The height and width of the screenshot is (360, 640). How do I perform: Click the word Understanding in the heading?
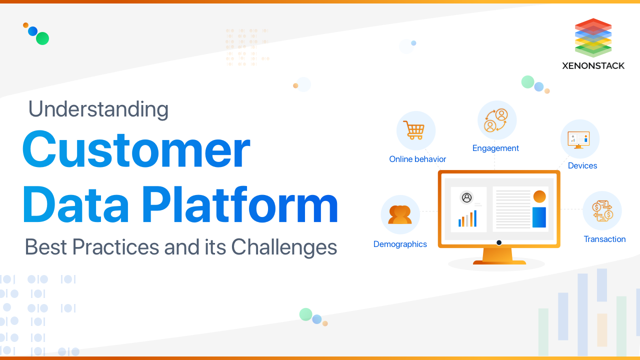click(x=98, y=109)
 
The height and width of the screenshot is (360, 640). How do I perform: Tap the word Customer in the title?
click(x=136, y=149)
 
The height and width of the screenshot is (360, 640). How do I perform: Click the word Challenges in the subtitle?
click(x=284, y=247)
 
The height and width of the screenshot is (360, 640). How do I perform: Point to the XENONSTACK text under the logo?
click(x=593, y=65)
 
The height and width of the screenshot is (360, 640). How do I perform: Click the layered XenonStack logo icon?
click(x=593, y=37)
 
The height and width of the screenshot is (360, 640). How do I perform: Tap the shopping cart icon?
click(x=415, y=130)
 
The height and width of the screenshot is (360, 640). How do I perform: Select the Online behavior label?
click(x=417, y=159)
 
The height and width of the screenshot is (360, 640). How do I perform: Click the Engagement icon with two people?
click(x=496, y=120)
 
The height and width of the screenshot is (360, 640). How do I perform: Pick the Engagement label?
click(x=495, y=148)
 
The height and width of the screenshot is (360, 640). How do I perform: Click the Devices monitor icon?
click(x=579, y=139)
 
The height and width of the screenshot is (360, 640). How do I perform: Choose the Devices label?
click(x=582, y=165)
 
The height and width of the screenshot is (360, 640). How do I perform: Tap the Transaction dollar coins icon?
click(x=602, y=210)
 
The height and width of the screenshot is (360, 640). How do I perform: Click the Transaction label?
click(x=604, y=239)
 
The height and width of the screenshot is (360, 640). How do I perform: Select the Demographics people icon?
click(x=400, y=214)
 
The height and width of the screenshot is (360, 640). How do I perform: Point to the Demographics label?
click(x=400, y=244)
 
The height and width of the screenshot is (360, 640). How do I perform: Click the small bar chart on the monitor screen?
click(x=467, y=218)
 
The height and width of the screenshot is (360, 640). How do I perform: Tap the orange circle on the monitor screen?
click(x=539, y=196)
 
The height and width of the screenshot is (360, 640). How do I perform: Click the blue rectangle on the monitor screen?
click(x=539, y=217)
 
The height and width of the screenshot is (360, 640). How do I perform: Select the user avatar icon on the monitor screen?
click(x=467, y=197)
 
